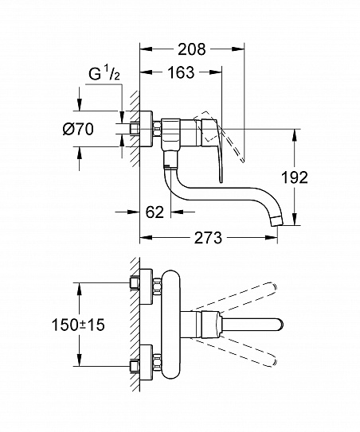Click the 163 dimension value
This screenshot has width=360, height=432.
(181, 75)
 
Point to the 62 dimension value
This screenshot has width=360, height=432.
(155, 212)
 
